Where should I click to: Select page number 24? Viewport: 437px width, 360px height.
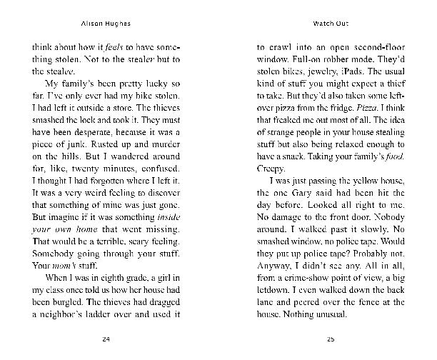click(x=106, y=338)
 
